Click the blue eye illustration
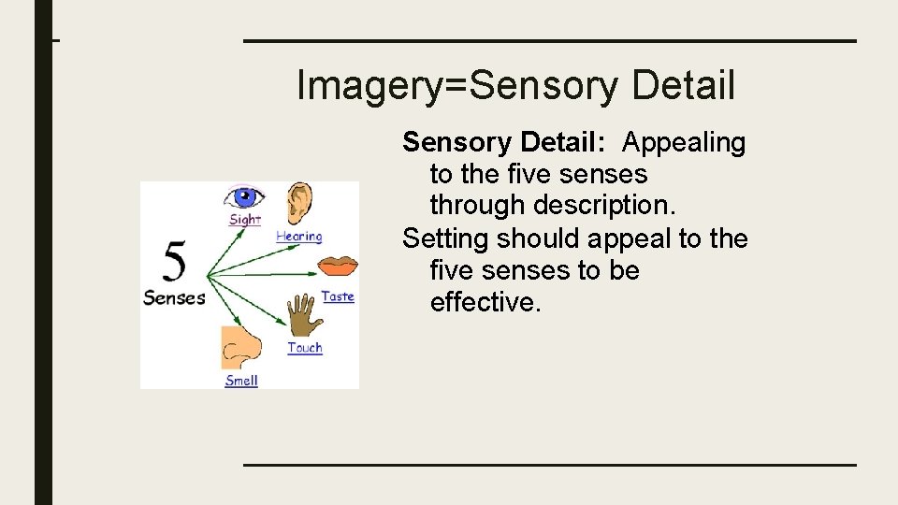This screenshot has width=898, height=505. [244, 197]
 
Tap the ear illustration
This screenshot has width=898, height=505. [299, 204]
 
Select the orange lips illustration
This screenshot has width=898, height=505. [337, 267]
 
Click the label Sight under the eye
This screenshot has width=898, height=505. [245, 220]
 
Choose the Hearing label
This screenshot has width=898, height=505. [298, 237]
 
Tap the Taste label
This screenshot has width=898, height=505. [338, 296]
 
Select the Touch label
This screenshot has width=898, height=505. [305, 348]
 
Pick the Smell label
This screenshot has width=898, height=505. [241, 381]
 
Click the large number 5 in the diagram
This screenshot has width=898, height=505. [173, 261]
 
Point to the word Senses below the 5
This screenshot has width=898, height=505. [174, 298]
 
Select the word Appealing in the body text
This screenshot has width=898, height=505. [684, 143]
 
